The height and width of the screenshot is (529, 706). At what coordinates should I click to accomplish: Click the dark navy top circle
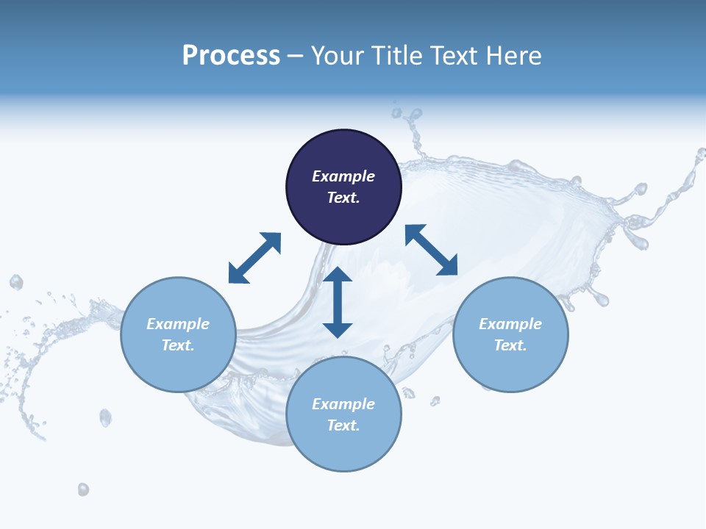pyautogui.click(x=343, y=187)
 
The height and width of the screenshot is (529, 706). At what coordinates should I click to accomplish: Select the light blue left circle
pyautogui.click(x=178, y=334)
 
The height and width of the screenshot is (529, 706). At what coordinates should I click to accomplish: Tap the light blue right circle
pyautogui.click(x=510, y=334)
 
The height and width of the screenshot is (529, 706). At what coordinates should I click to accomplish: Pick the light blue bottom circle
pyautogui.click(x=343, y=414)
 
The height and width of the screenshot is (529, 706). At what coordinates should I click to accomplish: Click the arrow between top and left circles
pyautogui.click(x=254, y=258)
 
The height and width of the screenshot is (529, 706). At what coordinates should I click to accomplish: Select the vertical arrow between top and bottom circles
pyautogui.click(x=338, y=302)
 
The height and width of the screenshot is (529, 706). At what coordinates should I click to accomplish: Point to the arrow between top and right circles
pyautogui.click(x=431, y=250)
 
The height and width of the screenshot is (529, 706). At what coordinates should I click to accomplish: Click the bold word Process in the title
pyautogui.click(x=231, y=55)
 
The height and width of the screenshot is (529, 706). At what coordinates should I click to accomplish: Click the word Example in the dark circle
pyautogui.click(x=343, y=176)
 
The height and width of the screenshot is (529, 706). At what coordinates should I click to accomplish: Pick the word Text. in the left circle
pyautogui.click(x=178, y=345)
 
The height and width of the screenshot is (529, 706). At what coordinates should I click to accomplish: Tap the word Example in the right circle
pyautogui.click(x=510, y=324)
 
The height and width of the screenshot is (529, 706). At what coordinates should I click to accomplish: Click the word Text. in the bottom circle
pyautogui.click(x=343, y=425)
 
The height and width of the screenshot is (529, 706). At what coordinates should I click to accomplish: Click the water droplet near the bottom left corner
pyautogui.click(x=83, y=489)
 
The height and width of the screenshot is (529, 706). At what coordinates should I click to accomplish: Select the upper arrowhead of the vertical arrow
pyautogui.click(x=338, y=276)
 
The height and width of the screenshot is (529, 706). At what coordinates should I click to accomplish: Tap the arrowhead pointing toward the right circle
pyautogui.click(x=448, y=266)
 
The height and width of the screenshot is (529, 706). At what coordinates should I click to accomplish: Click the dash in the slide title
pyautogui.click(x=296, y=57)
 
